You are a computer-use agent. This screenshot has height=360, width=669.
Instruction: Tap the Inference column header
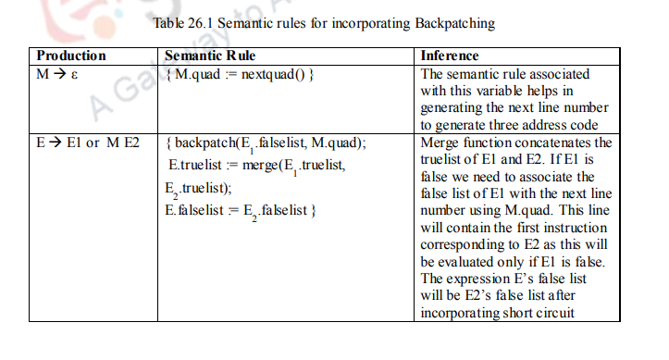click(450, 56)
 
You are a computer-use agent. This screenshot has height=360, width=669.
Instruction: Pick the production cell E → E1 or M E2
click(88, 143)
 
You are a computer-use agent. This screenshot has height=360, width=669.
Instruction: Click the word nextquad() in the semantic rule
click(277, 73)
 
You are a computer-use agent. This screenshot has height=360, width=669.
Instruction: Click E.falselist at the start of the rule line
click(195, 212)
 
